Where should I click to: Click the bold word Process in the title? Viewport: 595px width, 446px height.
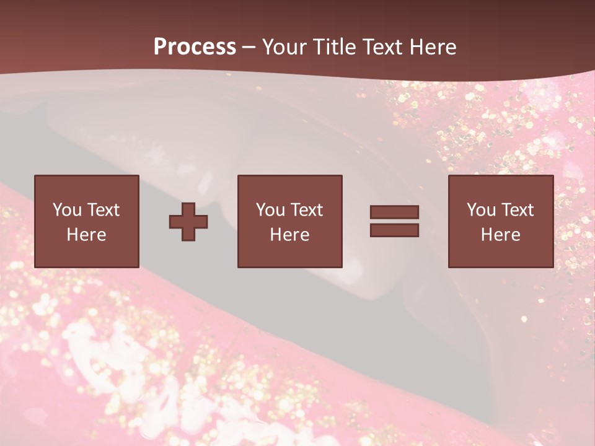click(x=195, y=46)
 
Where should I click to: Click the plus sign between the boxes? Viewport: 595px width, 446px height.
click(x=188, y=221)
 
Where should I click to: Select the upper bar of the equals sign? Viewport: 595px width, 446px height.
click(x=394, y=212)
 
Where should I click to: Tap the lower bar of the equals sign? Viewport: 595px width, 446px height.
click(x=394, y=230)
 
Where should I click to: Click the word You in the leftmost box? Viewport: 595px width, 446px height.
click(x=66, y=210)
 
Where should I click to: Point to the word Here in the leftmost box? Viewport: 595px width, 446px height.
click(x=86, y=235)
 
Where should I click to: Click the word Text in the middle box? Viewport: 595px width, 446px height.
click(x=306, y=210)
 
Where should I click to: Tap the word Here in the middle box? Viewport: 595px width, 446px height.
click(x=289, y=235)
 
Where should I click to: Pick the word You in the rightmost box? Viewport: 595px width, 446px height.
click(x=481, y=210)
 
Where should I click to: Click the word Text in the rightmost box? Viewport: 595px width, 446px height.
click(x=517, y=210)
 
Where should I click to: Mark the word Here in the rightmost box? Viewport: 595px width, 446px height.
click(x=500, y=235)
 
